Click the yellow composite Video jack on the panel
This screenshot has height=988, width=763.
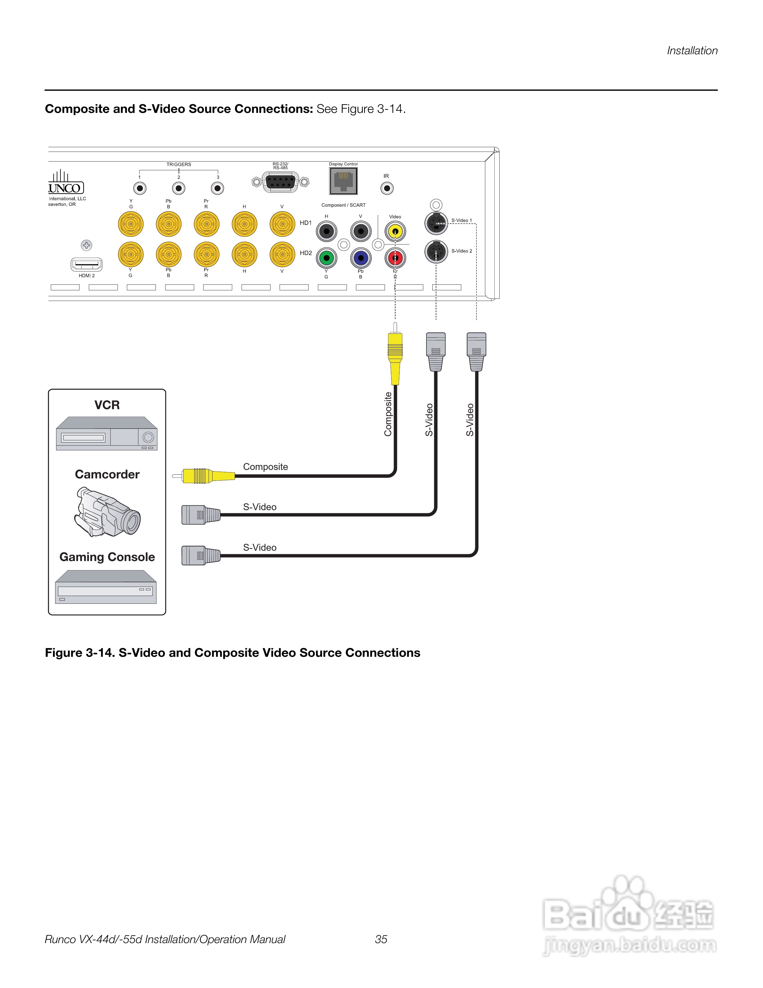(x=395, y=232)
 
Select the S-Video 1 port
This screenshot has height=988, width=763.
(x=436, y=223)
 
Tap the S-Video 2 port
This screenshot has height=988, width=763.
(x=436, y=252)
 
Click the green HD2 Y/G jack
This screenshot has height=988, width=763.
(x=326, y=258)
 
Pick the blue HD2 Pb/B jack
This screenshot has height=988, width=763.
(x=361, y=258)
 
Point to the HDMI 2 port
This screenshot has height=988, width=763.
(x=86, y=264)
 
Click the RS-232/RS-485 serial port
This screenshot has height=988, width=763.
(x=280, y=182)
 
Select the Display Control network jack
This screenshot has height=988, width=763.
(x=343, y=181)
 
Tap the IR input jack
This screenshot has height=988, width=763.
(x=387, y=188)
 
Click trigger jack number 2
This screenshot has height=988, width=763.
(x=179, y=188)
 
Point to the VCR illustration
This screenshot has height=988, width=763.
(x=107, y=433)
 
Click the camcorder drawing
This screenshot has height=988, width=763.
(x=107, y=512)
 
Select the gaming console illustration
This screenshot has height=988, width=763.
(x=106, y=587)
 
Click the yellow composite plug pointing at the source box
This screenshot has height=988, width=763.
(x=204, y=476)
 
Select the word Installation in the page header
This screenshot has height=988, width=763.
(x=692, y=51)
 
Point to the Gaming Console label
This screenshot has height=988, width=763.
(x=107, y=557)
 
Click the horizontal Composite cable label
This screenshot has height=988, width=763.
(x=265, y=467)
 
